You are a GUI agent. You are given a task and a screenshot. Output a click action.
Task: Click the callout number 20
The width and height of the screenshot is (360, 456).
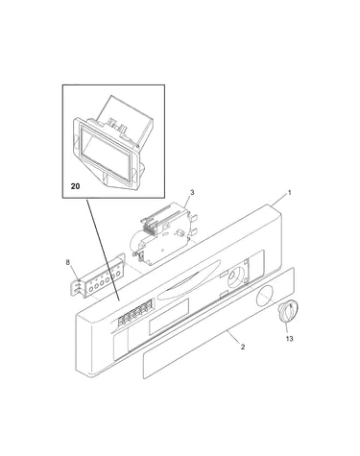[75, 186]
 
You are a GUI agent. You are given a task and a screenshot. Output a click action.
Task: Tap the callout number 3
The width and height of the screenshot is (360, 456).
[192, 192]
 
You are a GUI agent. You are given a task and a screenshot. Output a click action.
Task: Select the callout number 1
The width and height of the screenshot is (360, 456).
[289, 193]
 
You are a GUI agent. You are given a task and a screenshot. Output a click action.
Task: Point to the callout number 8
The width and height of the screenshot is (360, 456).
[67, 262]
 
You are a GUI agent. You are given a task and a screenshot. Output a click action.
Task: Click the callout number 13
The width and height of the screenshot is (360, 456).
[289, 339]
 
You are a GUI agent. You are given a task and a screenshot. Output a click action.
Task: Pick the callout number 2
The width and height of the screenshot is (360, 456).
[243, 347]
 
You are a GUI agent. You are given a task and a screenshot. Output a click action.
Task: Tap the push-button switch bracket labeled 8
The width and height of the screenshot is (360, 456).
[98, 276]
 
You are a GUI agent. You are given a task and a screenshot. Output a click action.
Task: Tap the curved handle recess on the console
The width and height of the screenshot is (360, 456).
[189, 279]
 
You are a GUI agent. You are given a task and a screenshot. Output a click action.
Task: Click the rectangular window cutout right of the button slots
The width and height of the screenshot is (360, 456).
[169, 317]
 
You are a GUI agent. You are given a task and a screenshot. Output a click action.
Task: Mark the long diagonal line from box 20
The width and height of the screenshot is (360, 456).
[103, 250]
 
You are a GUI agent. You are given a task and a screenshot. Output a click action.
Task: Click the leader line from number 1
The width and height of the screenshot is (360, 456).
[278, 200]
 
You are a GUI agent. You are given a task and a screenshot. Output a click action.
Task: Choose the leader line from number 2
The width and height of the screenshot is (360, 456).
[233, 337]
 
